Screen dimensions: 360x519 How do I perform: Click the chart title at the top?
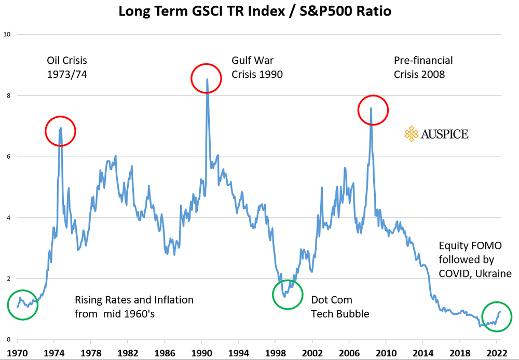(259, 11)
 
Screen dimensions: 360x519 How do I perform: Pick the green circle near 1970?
(23, 304)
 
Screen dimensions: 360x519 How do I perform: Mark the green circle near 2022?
(496, 316)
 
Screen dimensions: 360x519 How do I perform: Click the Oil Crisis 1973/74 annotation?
(67, 67)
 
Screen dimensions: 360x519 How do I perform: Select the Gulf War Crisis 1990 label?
(257, 67)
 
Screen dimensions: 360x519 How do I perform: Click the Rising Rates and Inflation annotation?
(134, 307)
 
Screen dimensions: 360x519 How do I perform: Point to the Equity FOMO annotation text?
(475, 259)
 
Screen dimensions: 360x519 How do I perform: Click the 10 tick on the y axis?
(7, 35)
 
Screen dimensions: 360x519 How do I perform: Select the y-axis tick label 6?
(9, 157)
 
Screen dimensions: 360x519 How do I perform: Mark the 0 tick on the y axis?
(9, 340)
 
